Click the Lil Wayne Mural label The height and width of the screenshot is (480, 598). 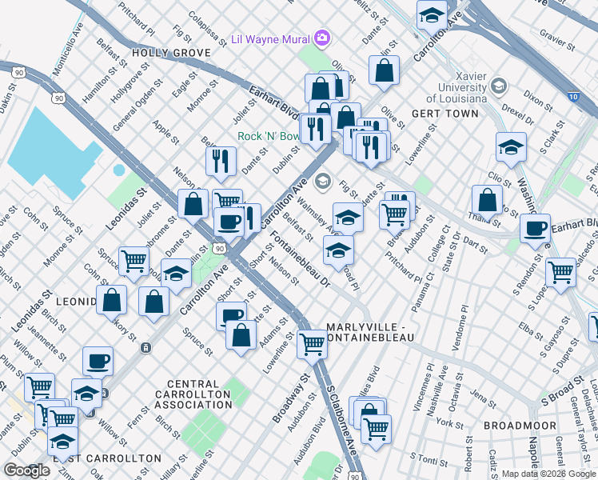(269, 38)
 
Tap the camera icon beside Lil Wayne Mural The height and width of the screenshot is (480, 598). (321, 37)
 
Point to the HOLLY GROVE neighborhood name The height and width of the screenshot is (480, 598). (172, 52)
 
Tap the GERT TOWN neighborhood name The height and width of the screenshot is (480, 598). (445, 114)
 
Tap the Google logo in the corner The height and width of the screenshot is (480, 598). (26, 470)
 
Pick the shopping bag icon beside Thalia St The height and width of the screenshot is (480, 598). (487, 202)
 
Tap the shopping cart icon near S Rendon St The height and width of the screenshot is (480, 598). (561, 272)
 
